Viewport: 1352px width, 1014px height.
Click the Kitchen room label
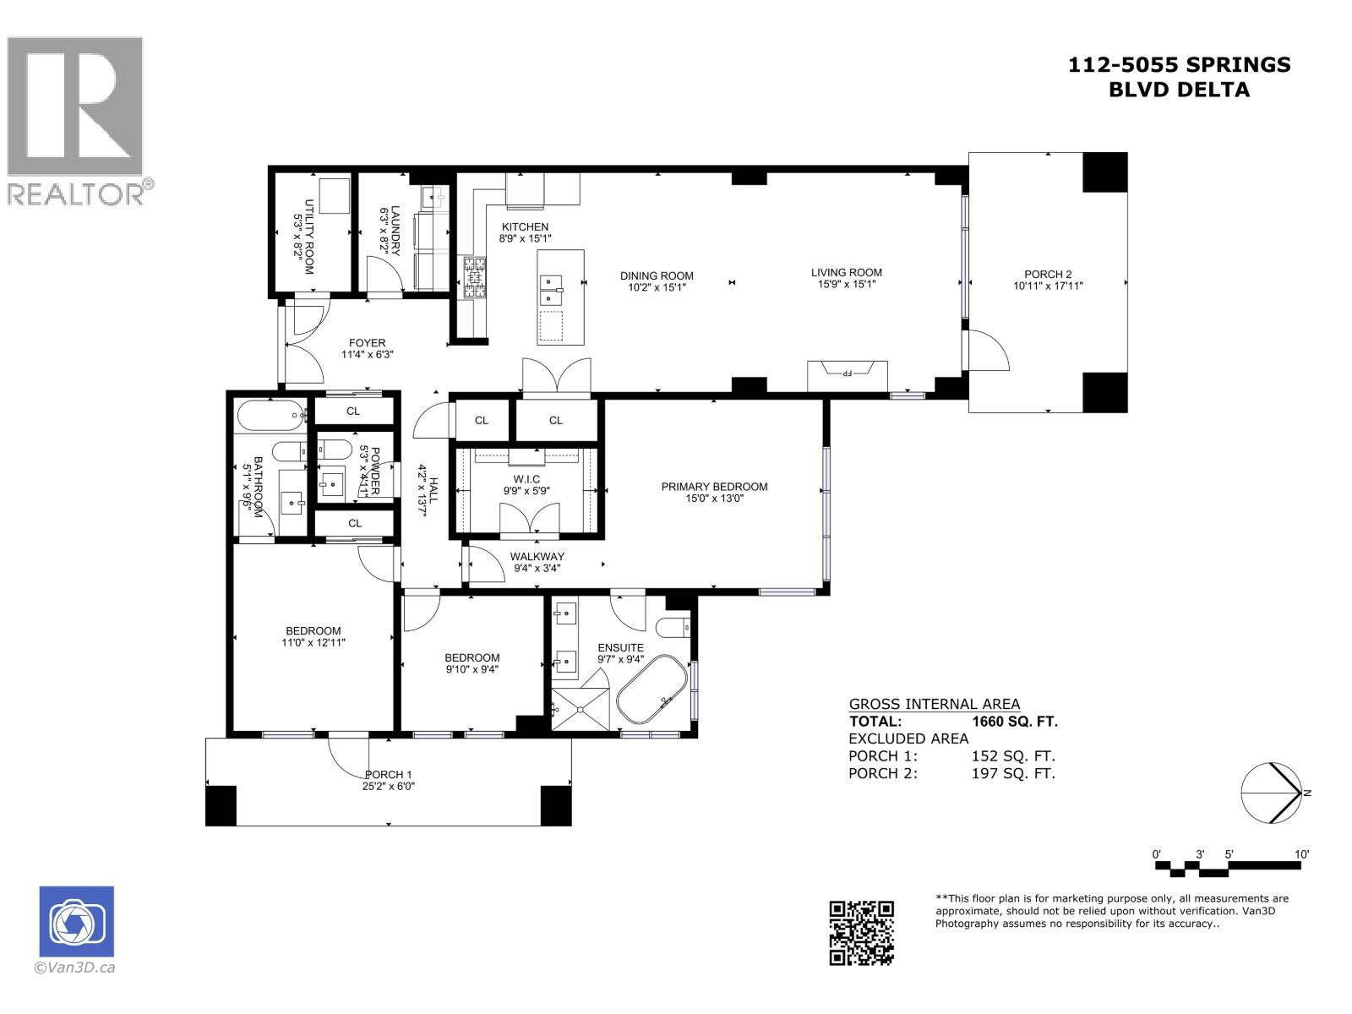click(525, 226)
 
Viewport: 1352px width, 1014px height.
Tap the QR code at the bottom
click(860, 933)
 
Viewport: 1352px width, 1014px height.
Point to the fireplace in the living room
click(848, 375)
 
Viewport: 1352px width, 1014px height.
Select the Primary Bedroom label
click(714, 486)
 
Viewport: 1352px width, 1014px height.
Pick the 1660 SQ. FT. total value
click(1014, 722)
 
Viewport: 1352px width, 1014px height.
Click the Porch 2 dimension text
click(1048, 286)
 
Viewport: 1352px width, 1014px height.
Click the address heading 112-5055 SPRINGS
click(1179, 64)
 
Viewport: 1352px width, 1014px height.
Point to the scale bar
click(1231, 867)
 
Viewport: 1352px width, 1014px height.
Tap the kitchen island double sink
click(552, 288)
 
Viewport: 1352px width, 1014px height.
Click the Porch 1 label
click(388, 774)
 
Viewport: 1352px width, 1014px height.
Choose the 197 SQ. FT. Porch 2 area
click(1013, 773)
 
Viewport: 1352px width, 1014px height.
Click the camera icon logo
click(77, 922)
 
